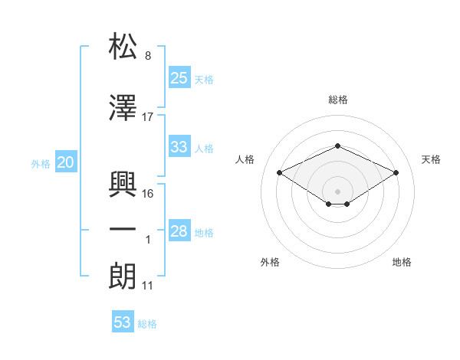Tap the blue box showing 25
pos(179,77)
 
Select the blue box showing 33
pos(179,147)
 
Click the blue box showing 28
pos(179,231)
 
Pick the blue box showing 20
pos(65,162)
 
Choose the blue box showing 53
pos(123,322)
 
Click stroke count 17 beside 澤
pos(148,116)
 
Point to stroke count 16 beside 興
pos(148,193)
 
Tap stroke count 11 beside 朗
pos(148,286)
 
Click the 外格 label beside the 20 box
pos(41,163)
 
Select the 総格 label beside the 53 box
pos(147,324)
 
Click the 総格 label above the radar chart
pos(337,100)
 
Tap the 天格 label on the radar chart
pos(432,159)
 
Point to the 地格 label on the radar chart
pos(402,262)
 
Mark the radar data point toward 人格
pos(279,172)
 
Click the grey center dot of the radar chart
pos(337,190)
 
